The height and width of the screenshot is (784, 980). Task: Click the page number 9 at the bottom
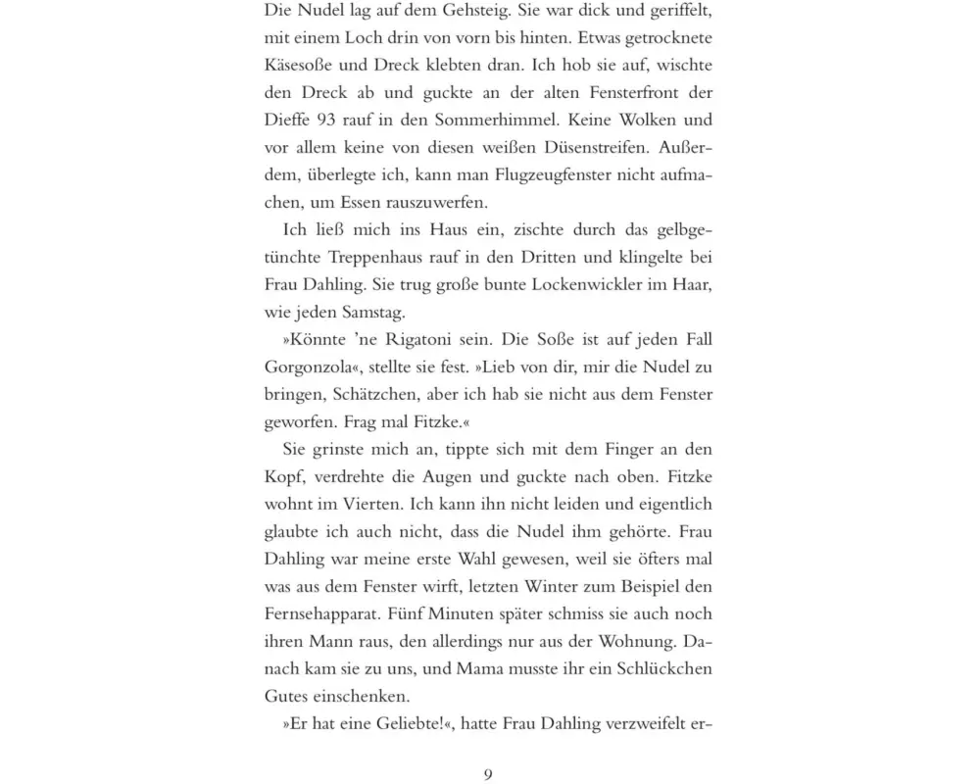tap(488, 774)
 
